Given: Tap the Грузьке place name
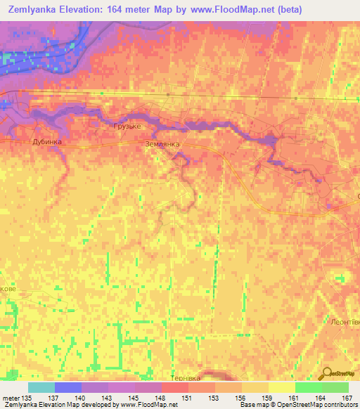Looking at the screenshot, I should (127, 126).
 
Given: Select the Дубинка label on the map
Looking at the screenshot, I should (48, 141).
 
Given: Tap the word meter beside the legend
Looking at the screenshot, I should (11, 397).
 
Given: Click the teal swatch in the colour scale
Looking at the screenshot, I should (41, 387).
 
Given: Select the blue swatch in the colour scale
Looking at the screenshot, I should (67, 387).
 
